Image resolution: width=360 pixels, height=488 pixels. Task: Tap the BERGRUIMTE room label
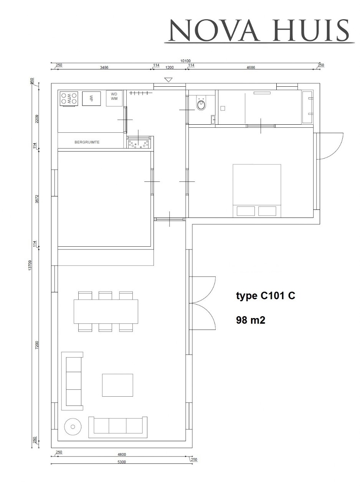(87, 142)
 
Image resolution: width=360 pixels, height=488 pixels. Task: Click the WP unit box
(91, 98)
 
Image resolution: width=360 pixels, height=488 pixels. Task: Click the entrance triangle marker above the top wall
(168, 80)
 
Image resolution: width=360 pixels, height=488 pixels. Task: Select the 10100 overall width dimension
(185, 61)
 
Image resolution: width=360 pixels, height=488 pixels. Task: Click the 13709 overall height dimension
(30, 265)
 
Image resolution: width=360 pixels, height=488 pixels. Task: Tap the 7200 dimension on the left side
(36, 345)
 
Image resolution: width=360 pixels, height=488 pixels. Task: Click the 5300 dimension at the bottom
(121, 462)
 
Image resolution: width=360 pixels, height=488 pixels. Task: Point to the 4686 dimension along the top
(251, 67)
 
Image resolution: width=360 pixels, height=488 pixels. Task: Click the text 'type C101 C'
(265, 296)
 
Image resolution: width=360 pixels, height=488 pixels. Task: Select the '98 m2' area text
(250, 320)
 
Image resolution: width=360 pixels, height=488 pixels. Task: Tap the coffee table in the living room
(117, 385)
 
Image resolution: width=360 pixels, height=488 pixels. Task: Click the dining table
(106, 311)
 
